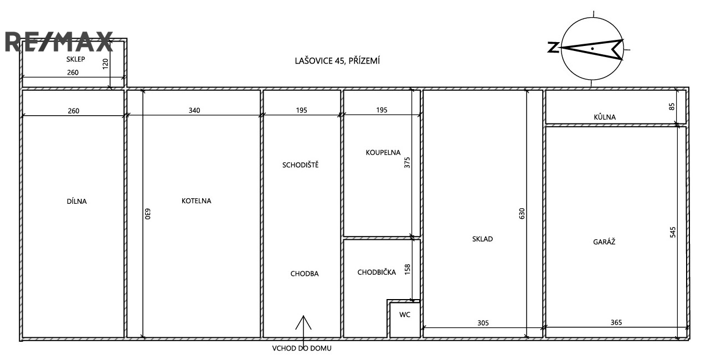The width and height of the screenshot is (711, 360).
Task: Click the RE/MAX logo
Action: click(x=59, y=42)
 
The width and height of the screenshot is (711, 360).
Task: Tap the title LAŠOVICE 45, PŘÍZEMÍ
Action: click(x=337, y=60)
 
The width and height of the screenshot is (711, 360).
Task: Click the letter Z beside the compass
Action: click(x=553, y=47)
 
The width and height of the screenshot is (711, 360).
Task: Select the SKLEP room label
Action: click(x=75, y=59)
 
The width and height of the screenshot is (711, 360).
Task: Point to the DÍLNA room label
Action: click(x=76, y=201)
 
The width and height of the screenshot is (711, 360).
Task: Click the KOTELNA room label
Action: click(x=196, y=201)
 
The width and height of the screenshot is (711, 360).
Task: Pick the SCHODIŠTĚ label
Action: click(x=300, y=164)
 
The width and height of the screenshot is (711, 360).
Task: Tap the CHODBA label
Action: click(x=305, y=274)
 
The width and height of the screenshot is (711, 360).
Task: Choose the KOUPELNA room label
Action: click(x=383, y=153)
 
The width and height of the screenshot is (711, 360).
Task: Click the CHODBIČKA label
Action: click(x=377, y=272)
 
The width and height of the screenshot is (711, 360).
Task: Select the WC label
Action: click(x=405, y=315)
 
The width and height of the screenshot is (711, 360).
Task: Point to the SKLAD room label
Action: click(x=482, y=239)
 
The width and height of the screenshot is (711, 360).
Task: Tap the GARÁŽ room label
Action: click(x=604, y=241)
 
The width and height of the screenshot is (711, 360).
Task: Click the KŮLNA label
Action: click(x=605, y=117)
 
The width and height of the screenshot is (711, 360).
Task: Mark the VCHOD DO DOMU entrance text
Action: click(x=302, y=348)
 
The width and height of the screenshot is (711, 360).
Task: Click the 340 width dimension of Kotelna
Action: click(x=194, y=110)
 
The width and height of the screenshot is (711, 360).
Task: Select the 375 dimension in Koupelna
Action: click(x=407, y=162)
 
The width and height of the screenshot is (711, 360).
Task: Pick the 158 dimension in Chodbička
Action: click(x=408, y=269)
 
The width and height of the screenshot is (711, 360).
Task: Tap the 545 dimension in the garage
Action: click(x=673, y=232)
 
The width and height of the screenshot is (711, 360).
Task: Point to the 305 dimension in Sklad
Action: click(x=483, y=323)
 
